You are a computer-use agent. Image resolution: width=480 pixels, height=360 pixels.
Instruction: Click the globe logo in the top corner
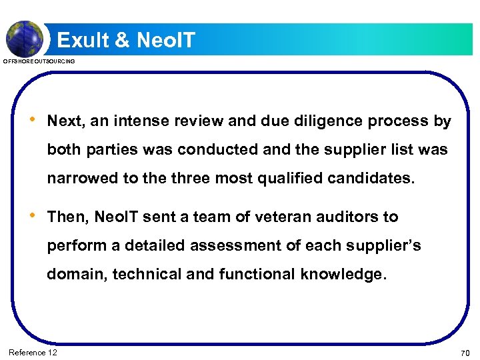24,38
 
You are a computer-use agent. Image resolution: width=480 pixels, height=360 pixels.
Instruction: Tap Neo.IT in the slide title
165,41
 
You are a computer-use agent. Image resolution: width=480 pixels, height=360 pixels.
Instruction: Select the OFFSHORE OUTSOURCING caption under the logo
39,61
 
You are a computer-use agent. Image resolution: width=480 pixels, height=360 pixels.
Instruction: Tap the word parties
102,150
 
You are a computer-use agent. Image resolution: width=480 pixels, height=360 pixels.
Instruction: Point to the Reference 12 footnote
33,352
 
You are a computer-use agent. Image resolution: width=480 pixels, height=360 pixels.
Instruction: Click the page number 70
464,353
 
